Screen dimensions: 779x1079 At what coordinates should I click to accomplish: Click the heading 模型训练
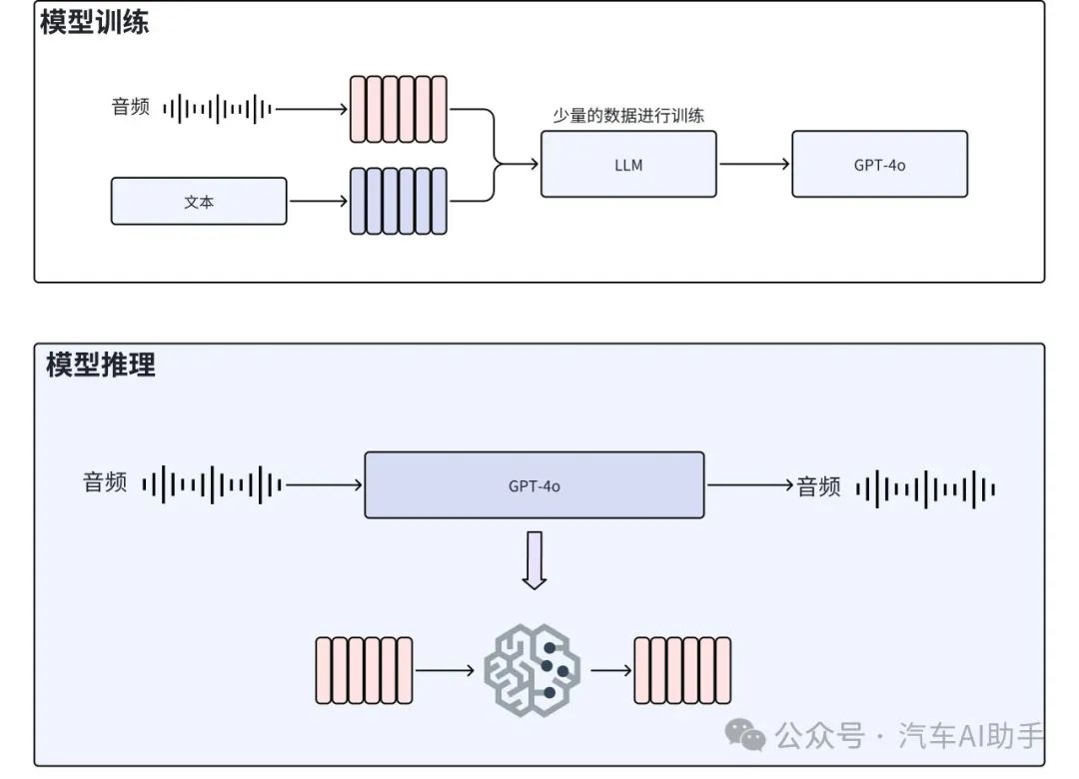point(95,24)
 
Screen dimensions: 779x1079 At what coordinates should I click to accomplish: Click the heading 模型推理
point(101,365)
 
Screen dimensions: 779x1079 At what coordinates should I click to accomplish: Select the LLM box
point(628,164)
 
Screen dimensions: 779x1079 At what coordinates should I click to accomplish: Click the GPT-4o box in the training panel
point(879,164)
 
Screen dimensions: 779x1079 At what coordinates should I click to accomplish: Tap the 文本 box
point(199,201)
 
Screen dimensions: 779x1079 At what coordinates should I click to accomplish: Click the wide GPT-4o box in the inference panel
point(534,485)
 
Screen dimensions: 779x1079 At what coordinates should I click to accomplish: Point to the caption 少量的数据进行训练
point(628,116)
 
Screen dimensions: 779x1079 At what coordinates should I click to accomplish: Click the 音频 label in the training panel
point(130,107)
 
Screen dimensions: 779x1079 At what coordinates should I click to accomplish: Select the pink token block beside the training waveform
point(398,109)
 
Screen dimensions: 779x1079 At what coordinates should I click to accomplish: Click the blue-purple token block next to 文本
point(398,201)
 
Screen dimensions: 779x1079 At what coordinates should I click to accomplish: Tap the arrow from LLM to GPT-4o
point(753,164)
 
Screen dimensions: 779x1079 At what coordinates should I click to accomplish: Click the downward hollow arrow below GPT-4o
point(535,560)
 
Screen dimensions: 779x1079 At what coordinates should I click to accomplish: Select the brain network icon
point(532,669)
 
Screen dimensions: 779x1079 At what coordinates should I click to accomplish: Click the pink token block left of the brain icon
point(364,670)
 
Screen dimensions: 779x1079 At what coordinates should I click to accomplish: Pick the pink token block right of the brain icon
point(682,670)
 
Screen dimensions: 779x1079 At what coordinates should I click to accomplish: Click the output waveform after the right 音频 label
point(925,487)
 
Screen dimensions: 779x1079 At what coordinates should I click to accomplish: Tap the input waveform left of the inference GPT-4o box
point(212,485)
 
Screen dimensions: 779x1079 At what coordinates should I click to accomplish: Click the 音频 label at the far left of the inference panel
point(105,483)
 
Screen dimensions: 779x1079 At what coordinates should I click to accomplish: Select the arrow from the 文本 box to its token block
point(318,201)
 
